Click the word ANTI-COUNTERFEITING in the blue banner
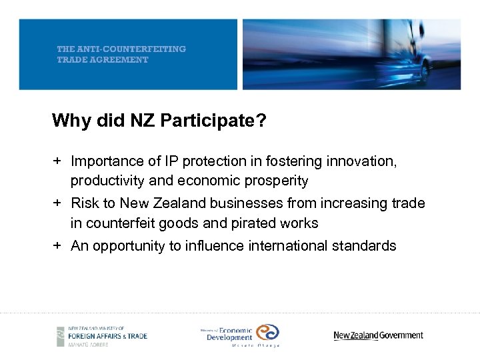point(131,49)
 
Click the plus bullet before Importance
point(58,161)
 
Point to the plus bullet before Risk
point(58,203)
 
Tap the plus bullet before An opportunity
point(58,246)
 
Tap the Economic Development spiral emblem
point(268,333)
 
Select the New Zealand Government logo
point(378,335)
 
